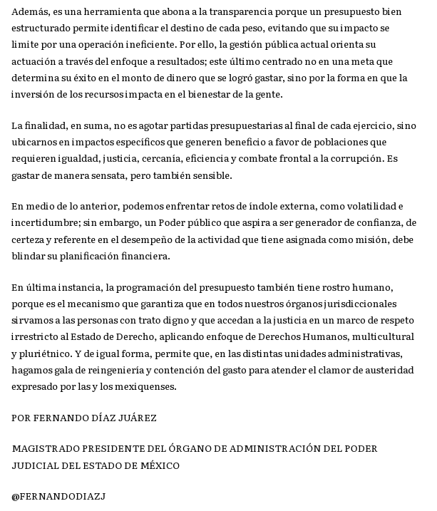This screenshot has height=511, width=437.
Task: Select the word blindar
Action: click(28, 255)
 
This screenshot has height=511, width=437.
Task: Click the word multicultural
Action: click(385, 336)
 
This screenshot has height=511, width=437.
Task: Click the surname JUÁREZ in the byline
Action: click(138, 418)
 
